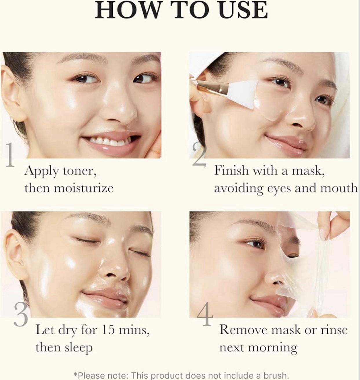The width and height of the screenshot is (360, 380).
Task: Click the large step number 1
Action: (x=10, y=157)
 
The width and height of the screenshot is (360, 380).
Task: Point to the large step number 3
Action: (x=21, y=316)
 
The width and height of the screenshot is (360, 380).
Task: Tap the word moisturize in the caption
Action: (x=84, y=188)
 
